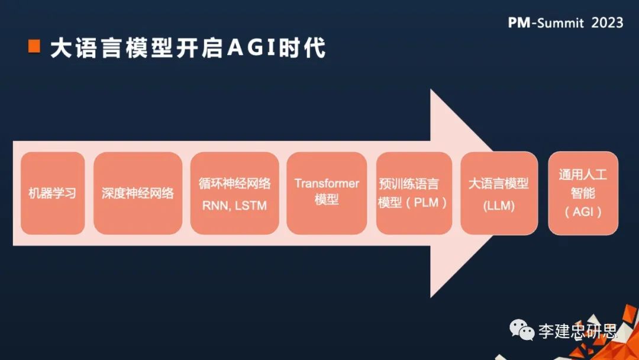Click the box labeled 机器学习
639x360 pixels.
point(53,193)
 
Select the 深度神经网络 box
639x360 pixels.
point(138,193)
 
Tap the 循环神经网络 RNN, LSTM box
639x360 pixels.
point(234,193)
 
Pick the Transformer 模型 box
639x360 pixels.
point(327,193)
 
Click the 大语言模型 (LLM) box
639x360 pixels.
point(499,193)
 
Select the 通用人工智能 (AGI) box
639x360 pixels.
point(583,193)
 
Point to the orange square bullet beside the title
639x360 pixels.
point(34,47)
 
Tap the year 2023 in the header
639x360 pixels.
point(607,22)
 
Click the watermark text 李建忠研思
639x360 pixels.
point(577,330)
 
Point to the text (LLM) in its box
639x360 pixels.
point(499,206)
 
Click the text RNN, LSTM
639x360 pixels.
point(234,205)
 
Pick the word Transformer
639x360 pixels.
point(327,183)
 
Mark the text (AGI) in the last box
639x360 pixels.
point(583,211)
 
